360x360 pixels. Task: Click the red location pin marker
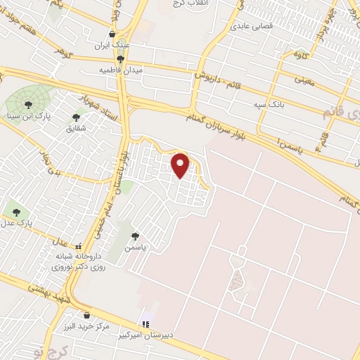click(x=181, y=166)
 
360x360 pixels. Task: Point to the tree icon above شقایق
click(x=76, y=117)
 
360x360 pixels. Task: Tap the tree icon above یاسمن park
click(x=135, y=236)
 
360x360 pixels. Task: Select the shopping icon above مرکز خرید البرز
click(x=86, y=315)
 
